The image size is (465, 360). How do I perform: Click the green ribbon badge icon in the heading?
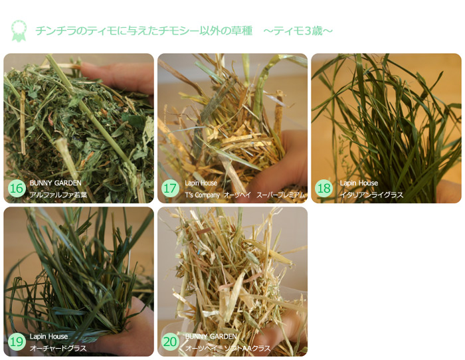click(18, 30)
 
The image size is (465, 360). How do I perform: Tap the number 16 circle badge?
click(17, 189)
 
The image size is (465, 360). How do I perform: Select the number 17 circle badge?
click(170, 189)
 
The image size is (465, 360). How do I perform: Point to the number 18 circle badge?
click(324, 189)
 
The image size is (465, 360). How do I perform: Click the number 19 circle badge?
click(17, 342)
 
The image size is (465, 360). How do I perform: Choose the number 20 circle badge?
click(170, 342)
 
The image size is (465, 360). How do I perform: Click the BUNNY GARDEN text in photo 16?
click(55, 183)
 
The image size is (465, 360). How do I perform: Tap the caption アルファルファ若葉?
click(58, 195)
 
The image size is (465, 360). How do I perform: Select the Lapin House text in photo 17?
click(201, 183)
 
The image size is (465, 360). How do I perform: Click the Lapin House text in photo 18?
click(359, 183)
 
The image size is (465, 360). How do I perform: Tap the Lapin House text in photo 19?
click(48, 337)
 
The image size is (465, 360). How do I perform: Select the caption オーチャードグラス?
click(58, 349)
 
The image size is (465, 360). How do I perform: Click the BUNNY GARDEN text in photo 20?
click(211, 337)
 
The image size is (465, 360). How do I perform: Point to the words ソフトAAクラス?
click(248, 349)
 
